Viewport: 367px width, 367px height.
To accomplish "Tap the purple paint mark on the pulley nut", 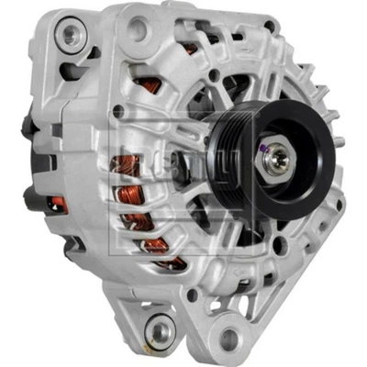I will [x=266, y=149].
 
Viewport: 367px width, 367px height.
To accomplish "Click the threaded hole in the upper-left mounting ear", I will [x=66, y=37].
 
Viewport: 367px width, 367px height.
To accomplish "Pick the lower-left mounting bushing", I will [x=162, y=328].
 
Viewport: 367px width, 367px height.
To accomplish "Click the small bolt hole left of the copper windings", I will [x=117, y=111].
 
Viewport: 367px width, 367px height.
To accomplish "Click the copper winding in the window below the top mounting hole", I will [x=145, y=84].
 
